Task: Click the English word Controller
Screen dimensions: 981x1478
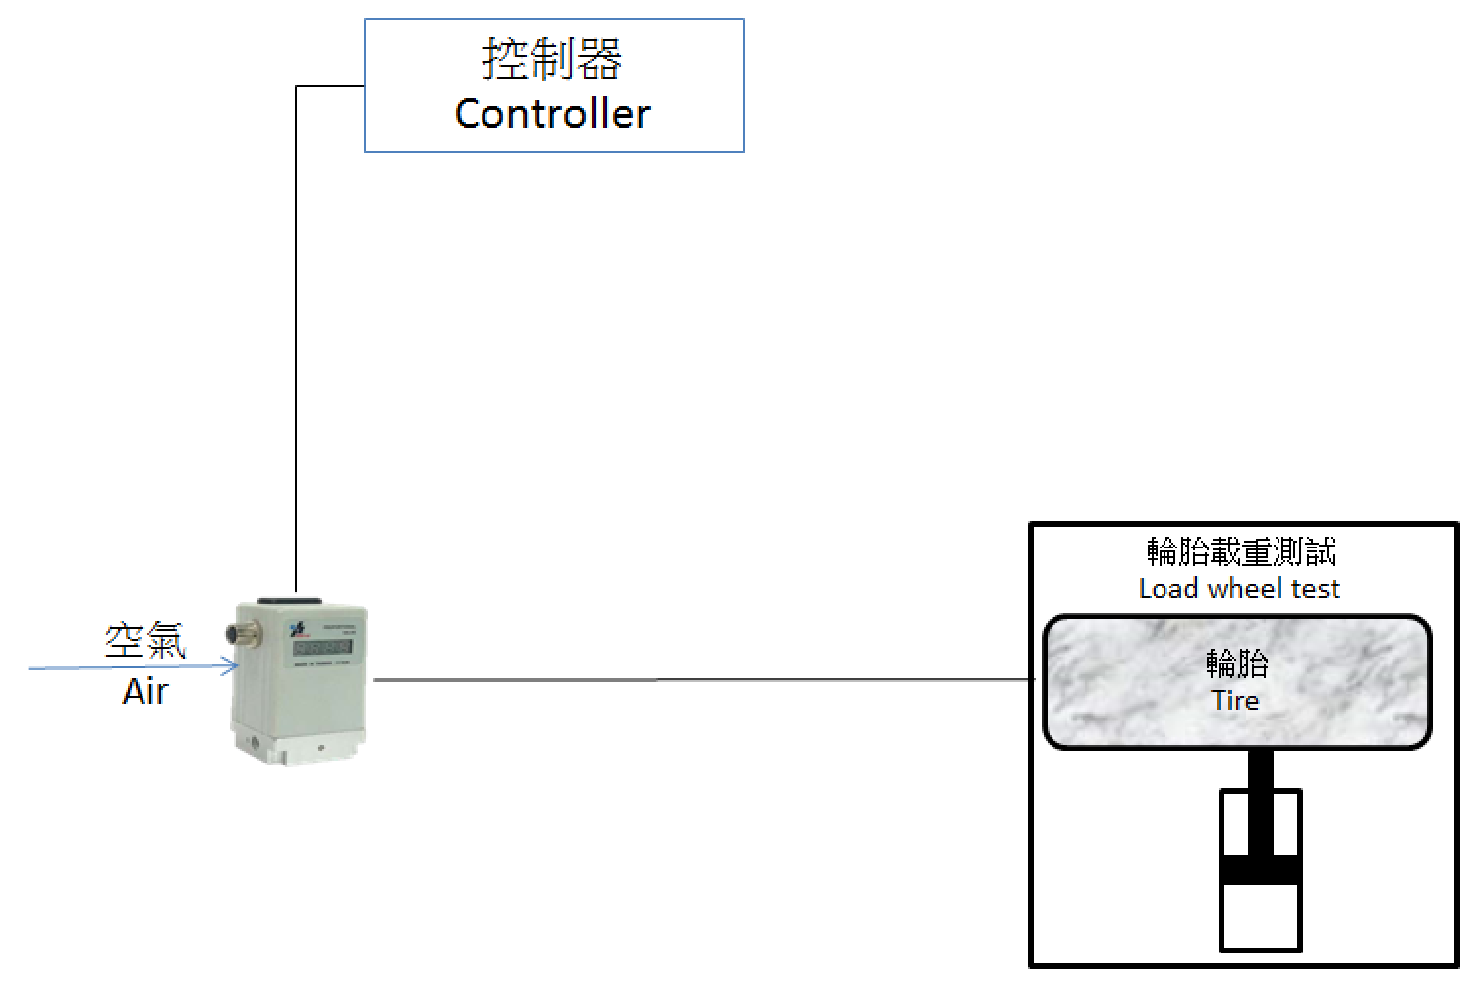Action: pyautogui.click(x=552, y=114)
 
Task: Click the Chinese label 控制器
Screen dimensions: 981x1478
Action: pyautogui.click(x=552, y=60)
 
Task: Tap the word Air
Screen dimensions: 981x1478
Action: pyautogui.click(x=145, y=692)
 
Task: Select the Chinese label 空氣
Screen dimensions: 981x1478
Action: pyautogui.click(x=145, y=641)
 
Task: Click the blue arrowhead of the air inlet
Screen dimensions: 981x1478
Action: pyautogui.click(x=232, y=668)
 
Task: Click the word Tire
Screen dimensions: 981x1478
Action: pyautogui.click(x=1235, y=701)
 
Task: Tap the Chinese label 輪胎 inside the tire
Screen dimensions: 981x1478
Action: pyautogui.click(x=1237, y=664)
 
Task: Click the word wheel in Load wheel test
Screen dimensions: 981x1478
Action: pyautogui.click(x=1240, y=589)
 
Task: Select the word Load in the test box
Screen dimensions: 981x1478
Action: pyautogui.click(x=1168, y=589)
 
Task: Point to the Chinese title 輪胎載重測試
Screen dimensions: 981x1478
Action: pyautogui.click(x=1240, y=551)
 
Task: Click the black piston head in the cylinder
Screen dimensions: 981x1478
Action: pyautogui.click(x=1261, y=869)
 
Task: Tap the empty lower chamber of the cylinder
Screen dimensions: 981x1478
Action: pyautogui.click(x=1261, y=916)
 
